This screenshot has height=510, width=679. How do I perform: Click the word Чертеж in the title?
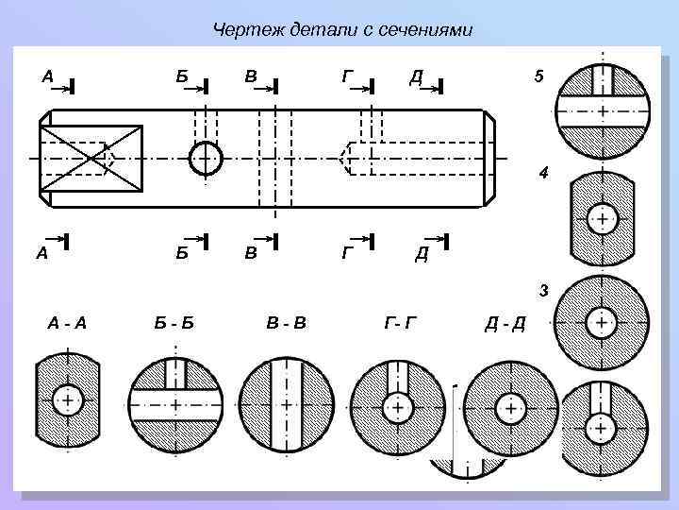(240, 30)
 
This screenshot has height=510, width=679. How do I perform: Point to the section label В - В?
(287, 324)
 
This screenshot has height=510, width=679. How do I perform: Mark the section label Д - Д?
(505, 326)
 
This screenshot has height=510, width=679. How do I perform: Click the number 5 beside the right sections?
(538, 78)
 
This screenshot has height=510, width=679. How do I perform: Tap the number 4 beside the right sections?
(542, 173)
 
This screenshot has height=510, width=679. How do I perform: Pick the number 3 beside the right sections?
(543, 290)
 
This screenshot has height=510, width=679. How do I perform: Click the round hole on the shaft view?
(205, 158)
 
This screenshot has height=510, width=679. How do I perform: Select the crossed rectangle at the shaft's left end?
(91, 158)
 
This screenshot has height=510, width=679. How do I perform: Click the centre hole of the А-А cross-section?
(66, 400)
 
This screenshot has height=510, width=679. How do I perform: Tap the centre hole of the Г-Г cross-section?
(397, 408)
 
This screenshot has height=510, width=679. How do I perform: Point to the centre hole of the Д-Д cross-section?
(510, 408)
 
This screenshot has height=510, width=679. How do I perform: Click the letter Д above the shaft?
(415, 76)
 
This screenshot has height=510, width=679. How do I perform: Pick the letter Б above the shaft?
(180, 76)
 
